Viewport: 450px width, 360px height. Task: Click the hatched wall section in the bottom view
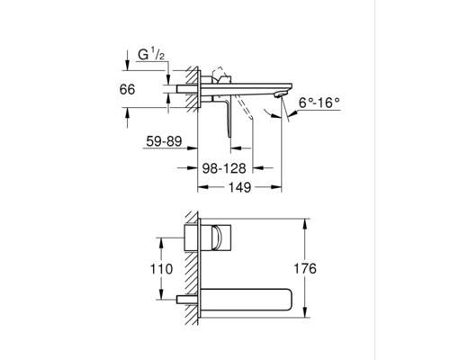pyautogui.click(x=192, y=270)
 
